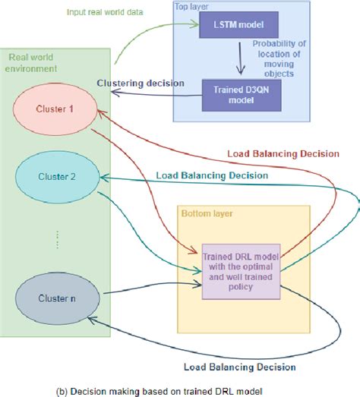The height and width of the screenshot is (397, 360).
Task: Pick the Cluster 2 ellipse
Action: point(55,177)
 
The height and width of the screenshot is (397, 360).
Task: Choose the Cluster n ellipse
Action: point(55,298)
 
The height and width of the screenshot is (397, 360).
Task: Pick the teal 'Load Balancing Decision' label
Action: point(211,175)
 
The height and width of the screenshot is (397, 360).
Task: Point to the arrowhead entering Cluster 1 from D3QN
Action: point(112,93)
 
